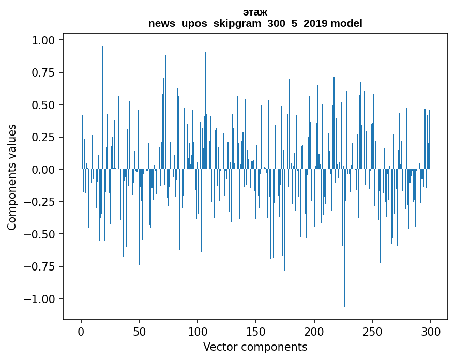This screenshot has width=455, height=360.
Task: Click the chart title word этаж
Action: coord(255,12)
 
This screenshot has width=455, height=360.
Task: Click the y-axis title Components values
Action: coord(11,177)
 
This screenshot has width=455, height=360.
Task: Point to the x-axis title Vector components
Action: coord(255,347)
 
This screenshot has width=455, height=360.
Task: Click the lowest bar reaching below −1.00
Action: coord(344,238)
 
